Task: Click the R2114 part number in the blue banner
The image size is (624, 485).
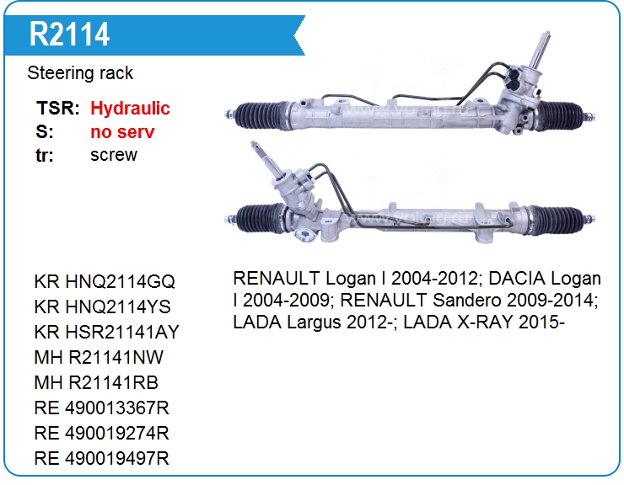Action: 69,35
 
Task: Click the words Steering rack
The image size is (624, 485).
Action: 80,73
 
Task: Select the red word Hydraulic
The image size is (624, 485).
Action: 130,109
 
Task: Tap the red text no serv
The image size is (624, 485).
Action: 122,132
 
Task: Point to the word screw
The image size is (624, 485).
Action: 114,155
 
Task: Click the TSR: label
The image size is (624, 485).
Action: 58,108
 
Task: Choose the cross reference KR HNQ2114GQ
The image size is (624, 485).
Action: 105,282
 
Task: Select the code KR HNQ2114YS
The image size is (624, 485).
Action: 103,306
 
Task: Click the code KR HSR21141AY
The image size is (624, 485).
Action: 107,332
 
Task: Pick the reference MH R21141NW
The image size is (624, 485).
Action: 99,357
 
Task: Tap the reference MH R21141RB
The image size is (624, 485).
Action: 96,382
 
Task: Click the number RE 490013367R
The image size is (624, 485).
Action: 102,408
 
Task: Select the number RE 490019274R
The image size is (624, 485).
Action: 102,433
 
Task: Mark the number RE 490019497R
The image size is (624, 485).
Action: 102,458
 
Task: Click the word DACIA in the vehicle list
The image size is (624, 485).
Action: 513,279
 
